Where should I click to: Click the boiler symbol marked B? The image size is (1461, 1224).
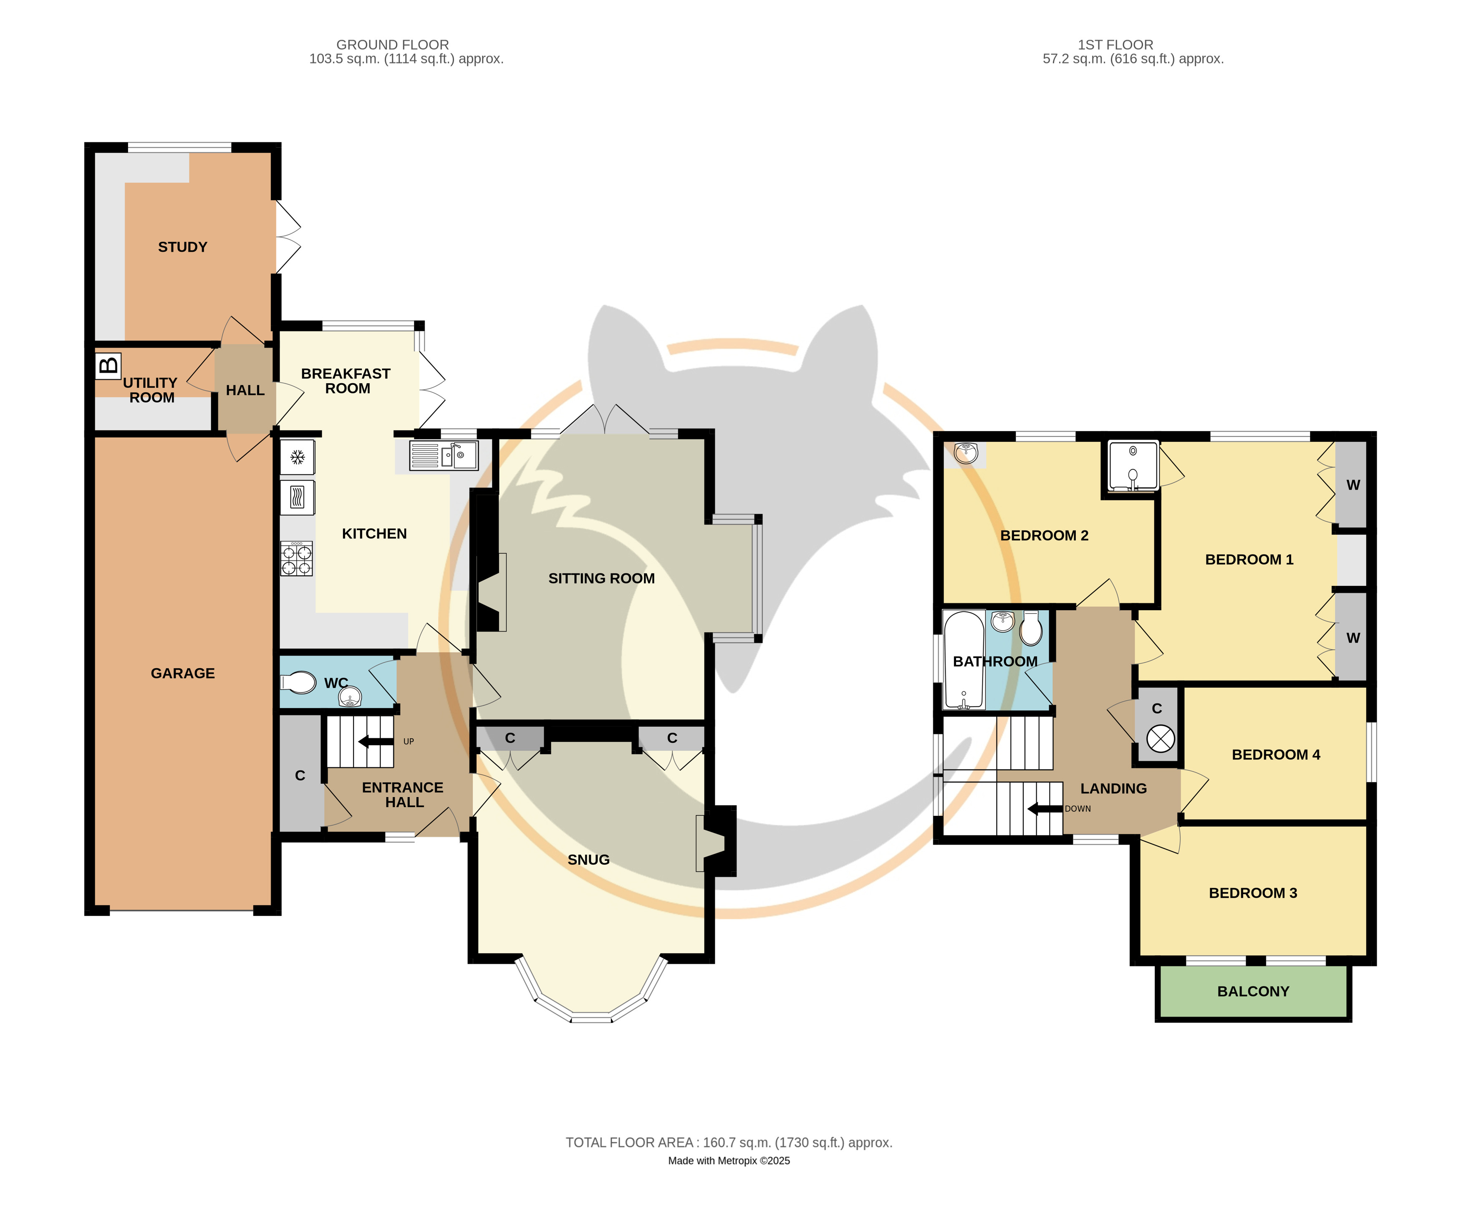pyautogui.click(x=109, y=365)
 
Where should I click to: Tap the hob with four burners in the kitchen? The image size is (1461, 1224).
pyautogui.click(x=296, y=559)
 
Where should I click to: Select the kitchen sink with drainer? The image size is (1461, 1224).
pyautogui.click(x=444, y=456)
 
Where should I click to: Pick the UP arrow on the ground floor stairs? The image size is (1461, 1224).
pyautogui.click(x=376, y=742)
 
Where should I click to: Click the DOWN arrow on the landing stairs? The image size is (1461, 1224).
pyautogui.click(x=1045, y=809)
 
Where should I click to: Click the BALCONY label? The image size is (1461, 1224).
pyautogui.click(x=1253, y=992)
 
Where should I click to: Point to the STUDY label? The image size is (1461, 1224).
pyautogui.click(x=182, y=247)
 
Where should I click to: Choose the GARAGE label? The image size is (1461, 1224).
pyautogui.click(x=183, y=673)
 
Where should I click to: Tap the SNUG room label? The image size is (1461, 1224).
pyautogui.click(x=588, y=859)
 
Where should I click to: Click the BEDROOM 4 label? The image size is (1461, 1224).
pyautogui.click(x=1276, y=754)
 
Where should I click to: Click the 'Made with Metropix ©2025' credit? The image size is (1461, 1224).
pyautogui.click(x=729, y=1161)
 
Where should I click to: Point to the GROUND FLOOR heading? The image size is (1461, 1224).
pyautogui.click(x=392, y=45)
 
